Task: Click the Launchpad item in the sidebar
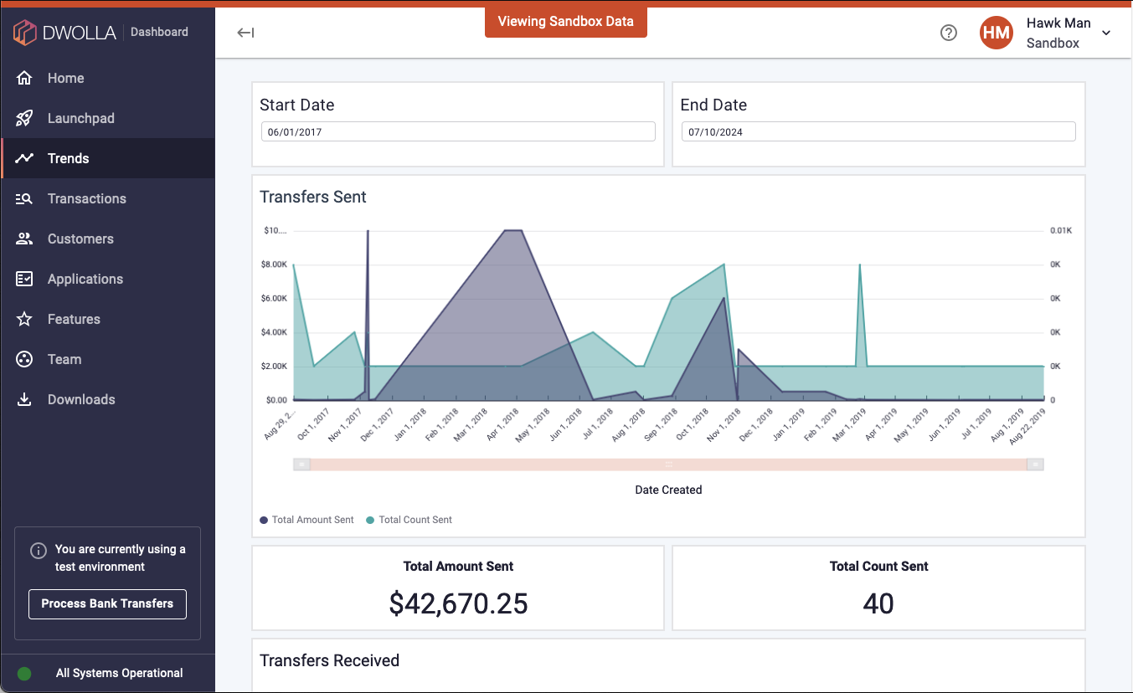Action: point(80,118)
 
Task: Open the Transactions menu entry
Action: point(86,198)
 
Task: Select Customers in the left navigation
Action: point(80,239)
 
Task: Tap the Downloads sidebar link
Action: point(81,399)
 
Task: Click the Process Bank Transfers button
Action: point(107,603)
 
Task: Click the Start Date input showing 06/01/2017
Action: point(458,132)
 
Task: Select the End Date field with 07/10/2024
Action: point(878,132)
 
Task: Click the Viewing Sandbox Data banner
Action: point(565,22)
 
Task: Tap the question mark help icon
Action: point(948,33)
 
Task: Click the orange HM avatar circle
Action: point(997,33)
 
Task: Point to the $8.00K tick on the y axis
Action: point(274,264)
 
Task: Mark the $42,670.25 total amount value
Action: point(458,603)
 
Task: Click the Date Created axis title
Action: point(668,490)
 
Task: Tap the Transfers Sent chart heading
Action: point(313,197)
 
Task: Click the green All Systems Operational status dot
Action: point(24,673)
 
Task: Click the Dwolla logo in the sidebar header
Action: point(59,33)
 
